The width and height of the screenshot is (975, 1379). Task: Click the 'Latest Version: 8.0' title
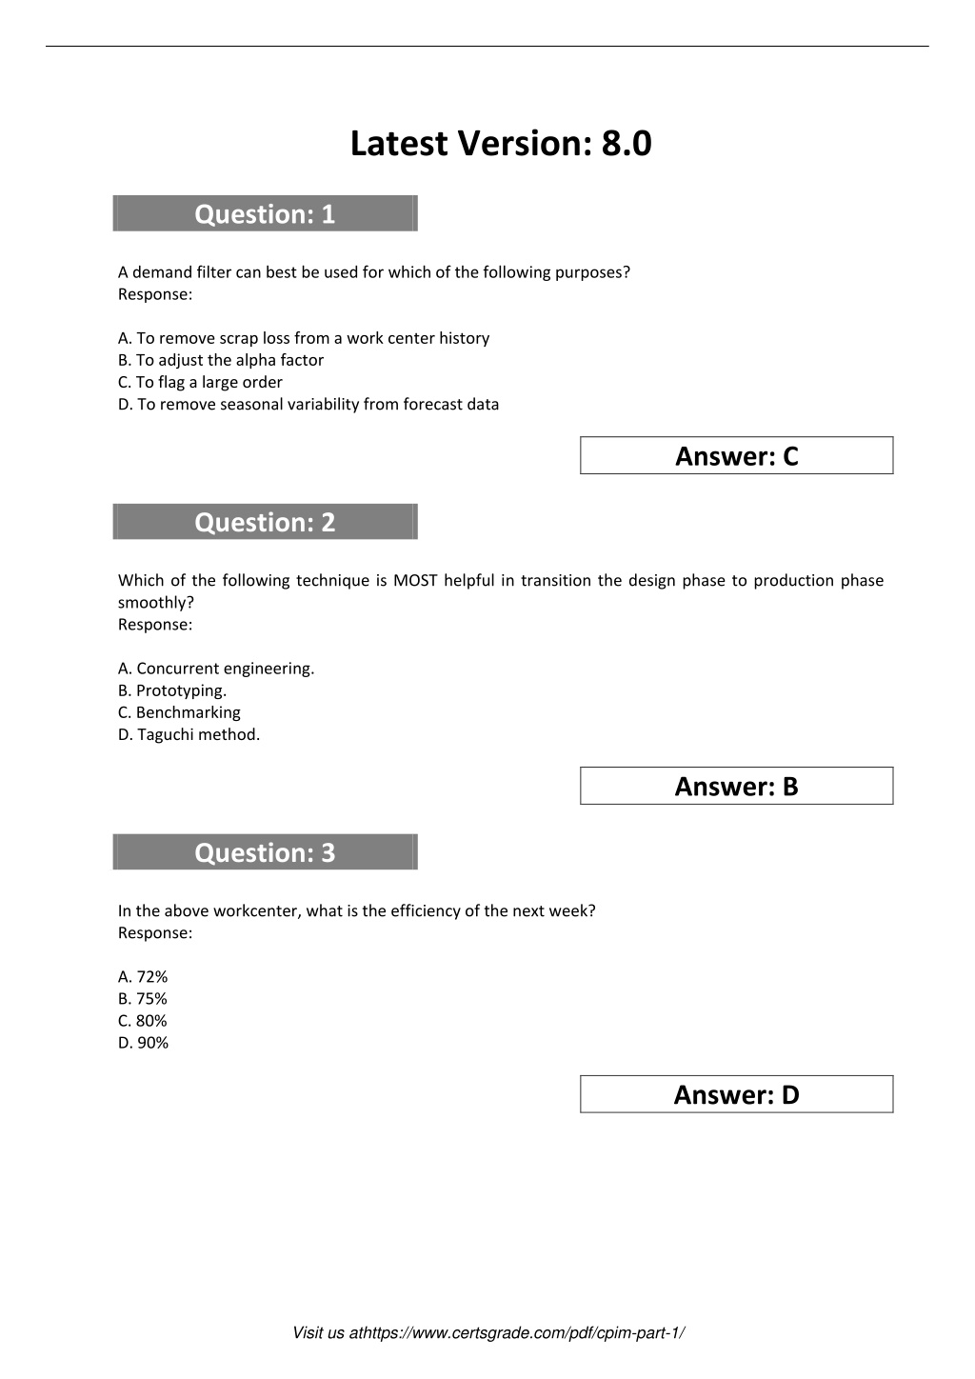[501, 144]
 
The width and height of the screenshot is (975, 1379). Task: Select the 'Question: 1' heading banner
[265, 214]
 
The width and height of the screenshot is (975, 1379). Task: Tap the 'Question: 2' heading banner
[265, 522]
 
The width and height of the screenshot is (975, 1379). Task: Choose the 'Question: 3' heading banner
[265, 852]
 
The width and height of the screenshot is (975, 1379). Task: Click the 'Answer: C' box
[736, 456]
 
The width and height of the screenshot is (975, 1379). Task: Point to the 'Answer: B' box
[736, 787]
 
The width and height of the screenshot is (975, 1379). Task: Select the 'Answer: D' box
[736, 1095]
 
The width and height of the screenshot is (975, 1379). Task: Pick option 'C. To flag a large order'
[200, 382]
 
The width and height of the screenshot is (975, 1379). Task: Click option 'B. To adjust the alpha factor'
[221, 360]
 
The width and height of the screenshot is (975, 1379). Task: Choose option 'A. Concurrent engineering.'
[216, 669]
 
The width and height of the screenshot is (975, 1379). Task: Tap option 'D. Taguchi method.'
[189, 734]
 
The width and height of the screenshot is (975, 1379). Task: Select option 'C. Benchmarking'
[179, 712]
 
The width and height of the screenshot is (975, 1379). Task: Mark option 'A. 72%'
[143, 976]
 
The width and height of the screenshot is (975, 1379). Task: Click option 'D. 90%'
[143, 1043]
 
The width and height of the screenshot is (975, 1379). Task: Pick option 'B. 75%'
[143, 999]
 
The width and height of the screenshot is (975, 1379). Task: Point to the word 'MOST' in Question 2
[414, 581]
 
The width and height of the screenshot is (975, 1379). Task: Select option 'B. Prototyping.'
[172, 690]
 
